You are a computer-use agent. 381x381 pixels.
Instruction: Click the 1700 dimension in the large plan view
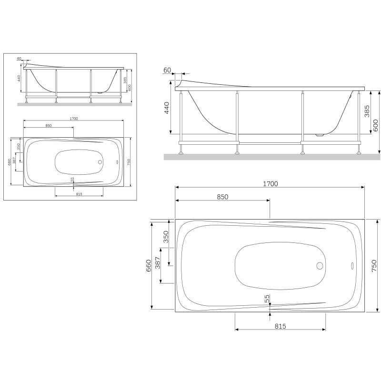(270, 183)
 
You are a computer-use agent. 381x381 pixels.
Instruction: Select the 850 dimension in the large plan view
(222, 197)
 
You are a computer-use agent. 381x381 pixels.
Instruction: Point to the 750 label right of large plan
(373, 265)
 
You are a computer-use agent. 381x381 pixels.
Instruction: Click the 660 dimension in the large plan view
(149, 265)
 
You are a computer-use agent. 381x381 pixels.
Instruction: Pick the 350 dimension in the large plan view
(166, 237)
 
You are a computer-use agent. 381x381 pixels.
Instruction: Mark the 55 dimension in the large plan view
(267, 299)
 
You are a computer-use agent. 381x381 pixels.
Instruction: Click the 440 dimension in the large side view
(167, 110)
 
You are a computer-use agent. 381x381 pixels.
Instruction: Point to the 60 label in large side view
(167, 70)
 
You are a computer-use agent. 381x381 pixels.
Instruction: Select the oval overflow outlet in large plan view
(352, 265)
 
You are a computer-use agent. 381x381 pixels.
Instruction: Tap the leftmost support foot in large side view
(180, 153)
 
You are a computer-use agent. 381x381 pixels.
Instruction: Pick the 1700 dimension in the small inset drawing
(73, 118)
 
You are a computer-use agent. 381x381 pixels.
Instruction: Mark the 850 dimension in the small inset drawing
(48, 125)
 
